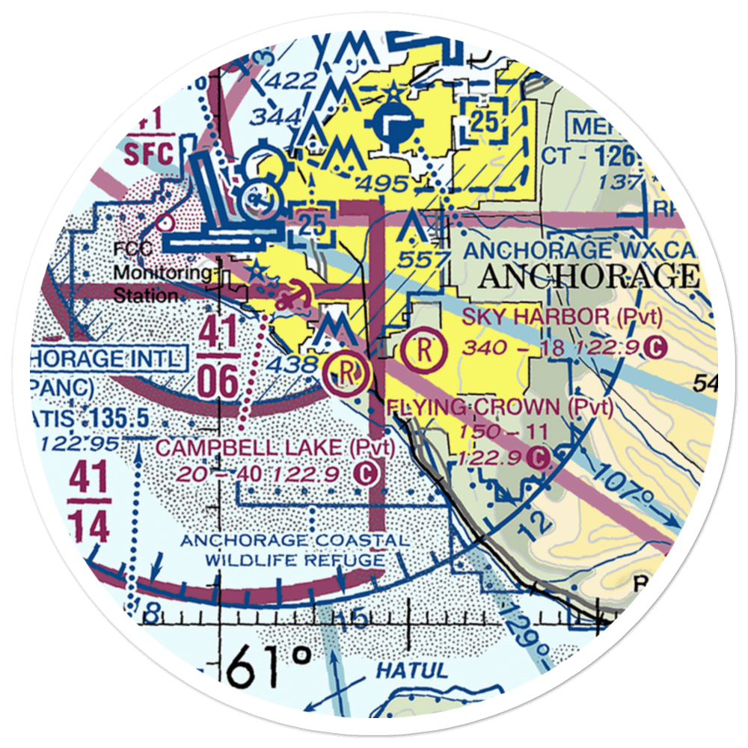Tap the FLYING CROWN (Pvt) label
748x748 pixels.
pyautogui.click(x=500, y=408)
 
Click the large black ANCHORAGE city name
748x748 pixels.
pyautogui.click(x=586, y=276)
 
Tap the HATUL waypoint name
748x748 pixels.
pyautogui.click(x=405, y=670)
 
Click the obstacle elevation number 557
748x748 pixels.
pyautogui.click(x=424, y=260)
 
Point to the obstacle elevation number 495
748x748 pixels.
pyautogui.click(x=382, y=184)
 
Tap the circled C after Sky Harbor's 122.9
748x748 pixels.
pyautogui.click(x=655, y=347)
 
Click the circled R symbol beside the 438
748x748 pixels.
pyautogui.click(x=346, y=370)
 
